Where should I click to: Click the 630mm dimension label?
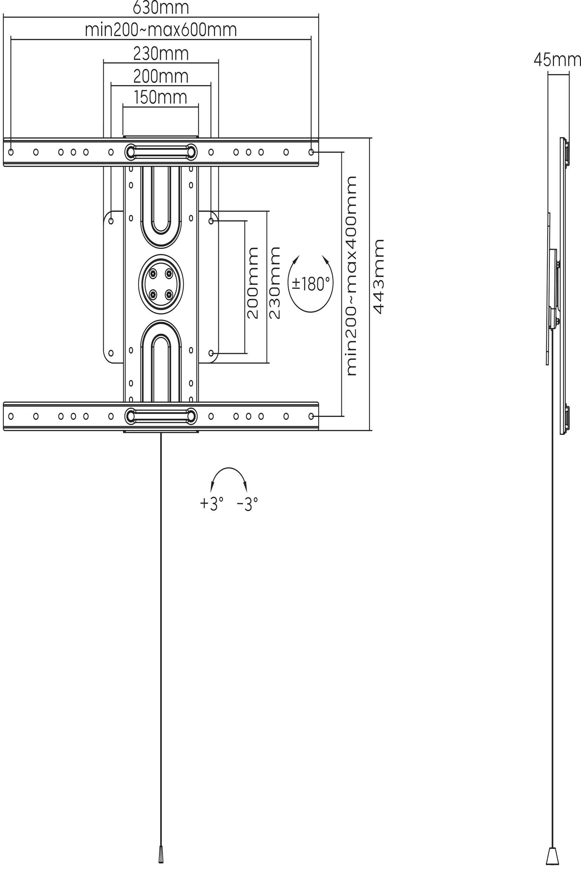tap(161, 7)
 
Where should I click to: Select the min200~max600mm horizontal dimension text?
tap(161, 30)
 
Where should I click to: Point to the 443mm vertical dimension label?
tap(378, 277)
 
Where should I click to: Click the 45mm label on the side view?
tap(557, 60)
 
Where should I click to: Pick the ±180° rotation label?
tap(311, 284)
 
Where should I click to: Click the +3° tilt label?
tap(212, 504)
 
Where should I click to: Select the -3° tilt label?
tap(247, 504)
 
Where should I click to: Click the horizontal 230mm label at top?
tap(161, 54)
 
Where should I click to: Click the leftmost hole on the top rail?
tap(11, 152)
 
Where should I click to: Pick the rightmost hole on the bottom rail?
tap(311, 416)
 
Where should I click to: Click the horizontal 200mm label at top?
tap(161, 77)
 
